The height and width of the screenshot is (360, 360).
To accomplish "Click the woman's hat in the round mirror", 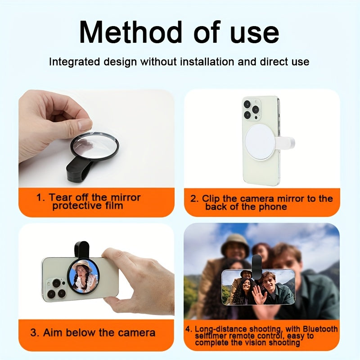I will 82,266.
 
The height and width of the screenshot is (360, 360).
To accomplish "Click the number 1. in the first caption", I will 42,198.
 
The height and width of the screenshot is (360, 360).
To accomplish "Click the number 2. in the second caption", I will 194,198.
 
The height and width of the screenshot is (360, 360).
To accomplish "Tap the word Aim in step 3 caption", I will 52,333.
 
